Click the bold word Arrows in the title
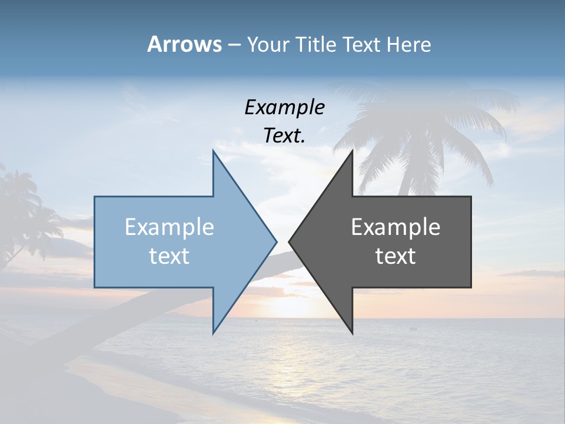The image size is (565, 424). point(184,44)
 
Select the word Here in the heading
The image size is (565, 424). point(409,44)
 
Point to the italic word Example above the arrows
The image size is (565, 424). point(284,107)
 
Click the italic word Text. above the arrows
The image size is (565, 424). point(284,135)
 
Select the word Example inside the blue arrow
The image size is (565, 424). point(169,227)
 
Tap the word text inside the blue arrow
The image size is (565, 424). point(169,256)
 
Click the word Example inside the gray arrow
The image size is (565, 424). point(395,227)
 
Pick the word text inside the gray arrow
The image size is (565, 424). point(395,256)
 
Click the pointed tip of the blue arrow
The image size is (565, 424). point(276,241)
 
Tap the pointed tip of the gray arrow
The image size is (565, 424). point(289,241)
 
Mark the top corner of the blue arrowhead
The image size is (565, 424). point(213,151)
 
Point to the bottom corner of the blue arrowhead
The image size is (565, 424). point(213,333)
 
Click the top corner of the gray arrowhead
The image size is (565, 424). point(352,151)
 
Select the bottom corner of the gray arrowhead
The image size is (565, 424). point(352,333)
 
